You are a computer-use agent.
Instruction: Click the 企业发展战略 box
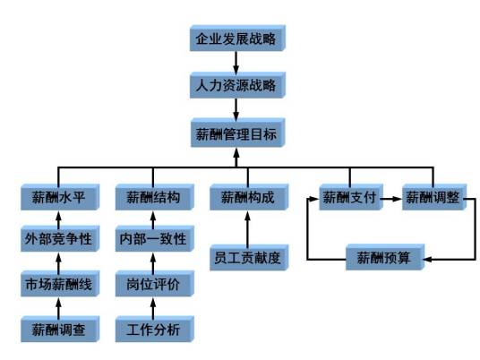click(237, 39)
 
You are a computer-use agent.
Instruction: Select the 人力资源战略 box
click(237, 85)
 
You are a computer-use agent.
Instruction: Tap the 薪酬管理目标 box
click(238, 133)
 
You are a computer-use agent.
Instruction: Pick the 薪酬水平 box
click(60, 197)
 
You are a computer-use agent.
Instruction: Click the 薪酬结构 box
click(155, 197)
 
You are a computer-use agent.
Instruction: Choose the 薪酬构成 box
click(249, 197)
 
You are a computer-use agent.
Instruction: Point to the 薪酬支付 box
click(351, 197)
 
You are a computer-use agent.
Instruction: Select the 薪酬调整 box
click(434, 197)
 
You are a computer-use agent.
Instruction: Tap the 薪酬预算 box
click(385, 257)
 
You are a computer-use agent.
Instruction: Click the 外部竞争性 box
click(60, 239)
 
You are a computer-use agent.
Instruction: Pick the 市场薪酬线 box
click(60, 284)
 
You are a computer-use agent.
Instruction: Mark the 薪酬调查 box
click(60, 329)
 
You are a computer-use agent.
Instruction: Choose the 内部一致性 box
click(155, 239)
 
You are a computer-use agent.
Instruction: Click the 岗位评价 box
click(155, 284)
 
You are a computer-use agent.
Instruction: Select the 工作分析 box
click(155, 329)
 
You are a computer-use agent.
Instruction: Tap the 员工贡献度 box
click(249, 257)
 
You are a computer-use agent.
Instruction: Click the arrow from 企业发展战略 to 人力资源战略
click(236, 63)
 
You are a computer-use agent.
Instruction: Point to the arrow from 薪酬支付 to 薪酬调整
click(391, 199)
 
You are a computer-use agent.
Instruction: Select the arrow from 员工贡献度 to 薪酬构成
click(248, 229)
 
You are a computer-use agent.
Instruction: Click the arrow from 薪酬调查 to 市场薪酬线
click(58, 308)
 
